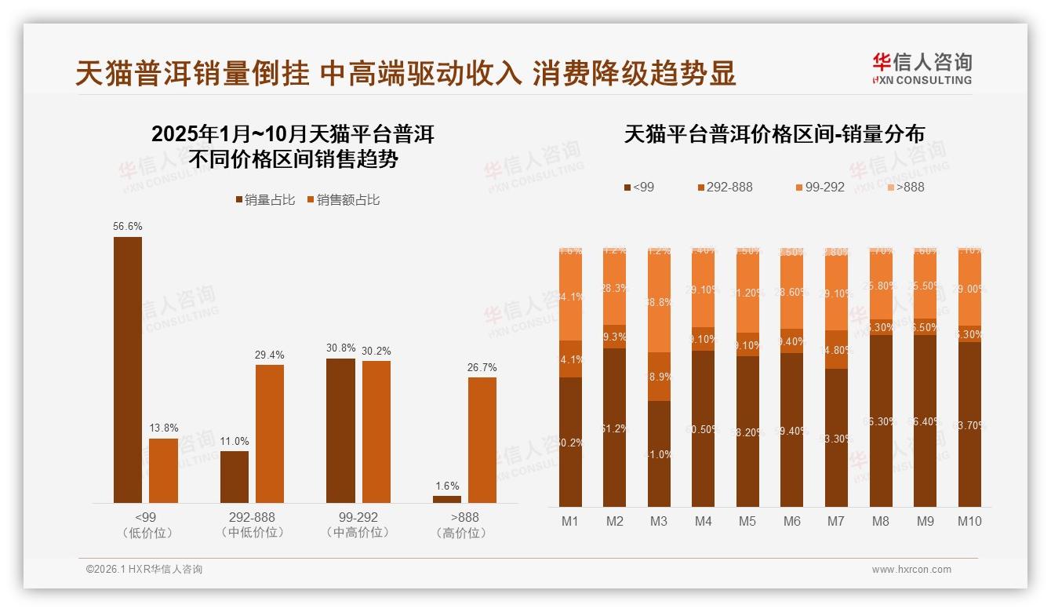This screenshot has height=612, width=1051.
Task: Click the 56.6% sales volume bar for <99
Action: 128,370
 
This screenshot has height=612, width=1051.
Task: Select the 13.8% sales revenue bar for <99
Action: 163,471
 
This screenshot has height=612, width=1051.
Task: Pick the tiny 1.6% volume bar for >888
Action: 447,499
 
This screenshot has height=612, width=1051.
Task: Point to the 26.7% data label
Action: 482,367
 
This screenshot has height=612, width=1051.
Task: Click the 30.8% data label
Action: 340,348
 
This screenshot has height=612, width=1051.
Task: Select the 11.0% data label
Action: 235,441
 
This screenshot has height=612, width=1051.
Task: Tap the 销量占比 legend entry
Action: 265,200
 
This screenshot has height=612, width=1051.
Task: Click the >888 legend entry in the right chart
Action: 905,187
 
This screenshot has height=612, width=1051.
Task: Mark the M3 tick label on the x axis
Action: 659,521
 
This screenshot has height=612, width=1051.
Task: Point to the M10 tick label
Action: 969,521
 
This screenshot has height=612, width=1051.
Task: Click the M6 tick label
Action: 792,521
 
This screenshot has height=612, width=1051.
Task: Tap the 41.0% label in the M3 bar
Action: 659,454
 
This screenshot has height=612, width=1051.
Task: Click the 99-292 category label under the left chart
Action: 358,518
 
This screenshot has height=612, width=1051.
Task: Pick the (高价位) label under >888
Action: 464,533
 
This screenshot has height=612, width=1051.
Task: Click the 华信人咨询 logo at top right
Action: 922,68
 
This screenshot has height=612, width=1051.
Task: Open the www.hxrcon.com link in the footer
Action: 911,570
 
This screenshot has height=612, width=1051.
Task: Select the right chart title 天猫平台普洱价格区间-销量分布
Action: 774,134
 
